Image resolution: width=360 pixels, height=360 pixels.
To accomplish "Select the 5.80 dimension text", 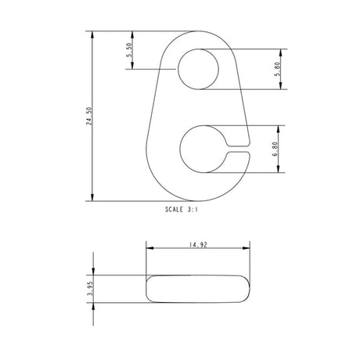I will click(x=277, y=69).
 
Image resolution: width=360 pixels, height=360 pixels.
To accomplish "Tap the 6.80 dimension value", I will click(x=277, y=149).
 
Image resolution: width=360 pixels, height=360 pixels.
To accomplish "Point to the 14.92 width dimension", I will click(x=197, y=245).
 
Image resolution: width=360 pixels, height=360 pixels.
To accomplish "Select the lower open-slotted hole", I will click(x=203, y=149).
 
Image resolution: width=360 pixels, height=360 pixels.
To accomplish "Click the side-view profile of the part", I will click(x=199, y=288).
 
